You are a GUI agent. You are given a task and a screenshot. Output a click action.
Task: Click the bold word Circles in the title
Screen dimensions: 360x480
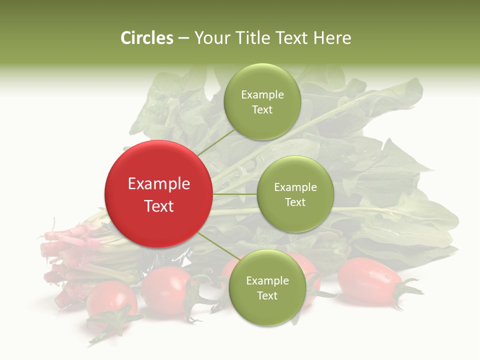point(147,38)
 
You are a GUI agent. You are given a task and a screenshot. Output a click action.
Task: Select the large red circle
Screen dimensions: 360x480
point(159,194)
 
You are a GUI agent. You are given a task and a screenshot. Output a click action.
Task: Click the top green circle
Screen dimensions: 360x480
point(262,101)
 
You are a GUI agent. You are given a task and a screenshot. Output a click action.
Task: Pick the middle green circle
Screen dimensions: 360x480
point(295,194)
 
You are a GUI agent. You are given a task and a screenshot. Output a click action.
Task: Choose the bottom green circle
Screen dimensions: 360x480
point(267,287)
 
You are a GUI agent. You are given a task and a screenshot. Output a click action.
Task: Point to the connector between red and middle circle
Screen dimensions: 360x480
point(235,194)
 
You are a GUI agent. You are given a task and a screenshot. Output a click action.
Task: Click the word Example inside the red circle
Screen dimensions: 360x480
point(159,184)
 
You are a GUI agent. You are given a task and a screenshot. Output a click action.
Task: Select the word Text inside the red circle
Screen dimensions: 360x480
point(159,206)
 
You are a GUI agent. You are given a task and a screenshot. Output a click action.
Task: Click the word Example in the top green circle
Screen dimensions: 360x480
point(262,94)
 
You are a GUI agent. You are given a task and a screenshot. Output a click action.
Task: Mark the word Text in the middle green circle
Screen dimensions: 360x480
point(295,202)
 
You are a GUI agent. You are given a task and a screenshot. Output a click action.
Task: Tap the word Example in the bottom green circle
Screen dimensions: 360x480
point(267,280)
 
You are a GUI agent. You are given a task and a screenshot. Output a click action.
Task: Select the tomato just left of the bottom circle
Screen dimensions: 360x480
point(167,290)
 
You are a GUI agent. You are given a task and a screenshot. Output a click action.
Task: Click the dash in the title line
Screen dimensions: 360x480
point(183,38)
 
